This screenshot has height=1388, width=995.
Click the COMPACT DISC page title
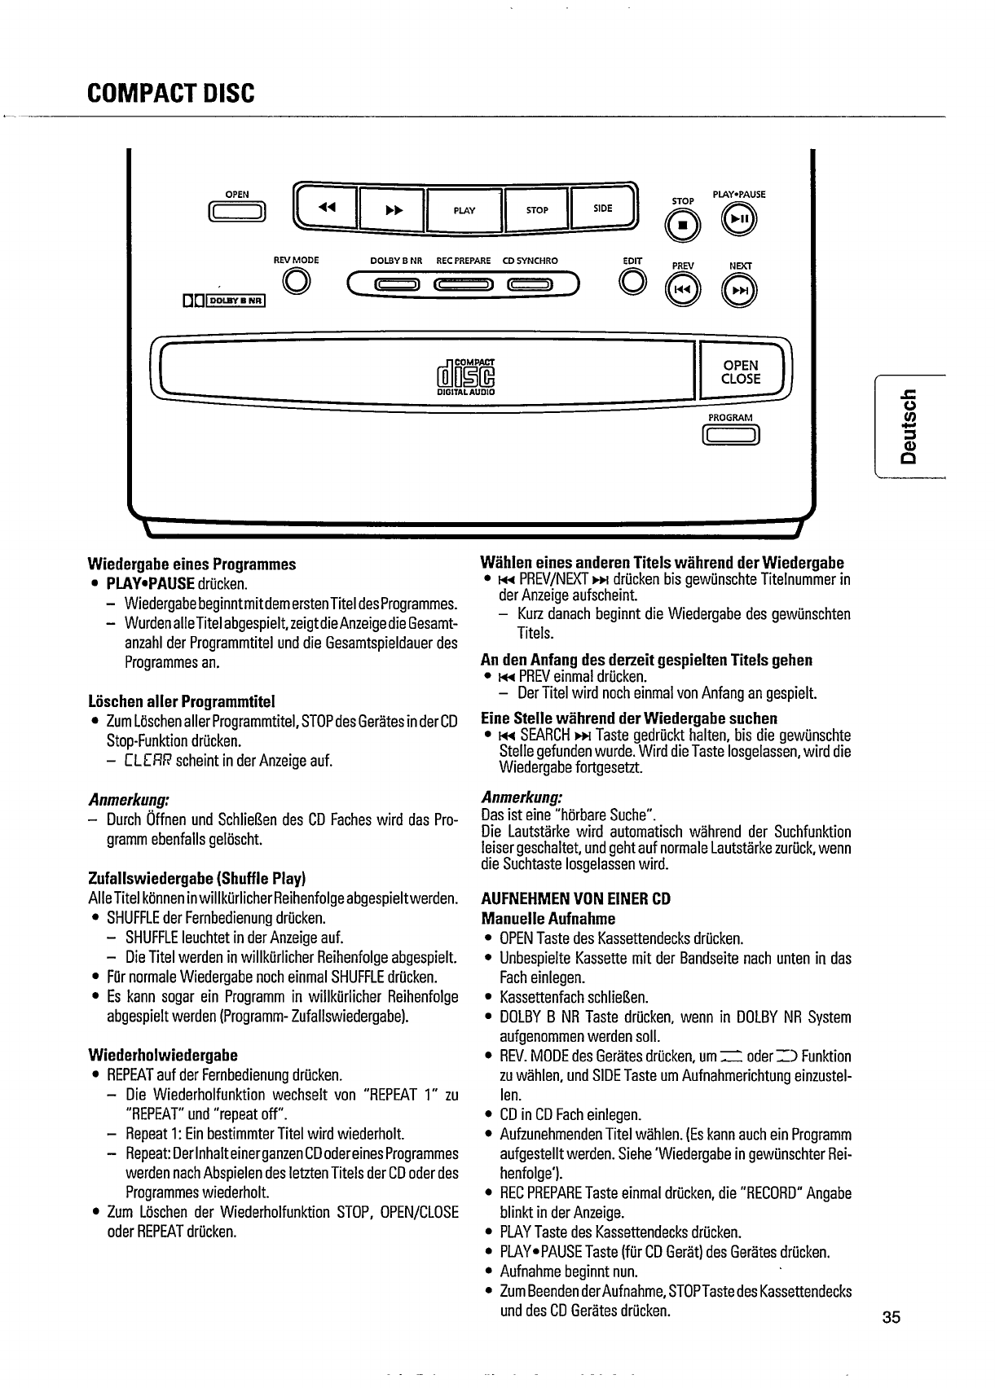tap(171, 93)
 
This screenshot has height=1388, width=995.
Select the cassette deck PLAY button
tap(464, 210)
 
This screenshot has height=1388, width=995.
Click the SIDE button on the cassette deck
tap(602, 209)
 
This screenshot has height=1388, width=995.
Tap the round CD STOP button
tap(683, 222)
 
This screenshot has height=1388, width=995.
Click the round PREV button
tap(683, 290)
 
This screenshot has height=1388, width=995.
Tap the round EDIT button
tap(632, 282)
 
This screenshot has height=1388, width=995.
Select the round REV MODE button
tap(296, 282)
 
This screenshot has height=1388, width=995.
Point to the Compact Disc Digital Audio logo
tap(466, 378)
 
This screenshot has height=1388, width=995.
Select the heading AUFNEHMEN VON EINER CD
tap(575, 899)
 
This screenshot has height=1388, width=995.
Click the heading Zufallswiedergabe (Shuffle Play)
tap(196, 879)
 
